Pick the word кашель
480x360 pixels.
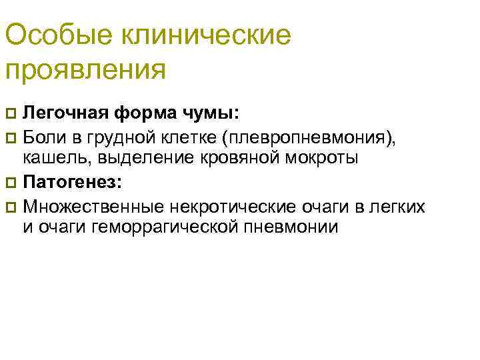coord(48,159)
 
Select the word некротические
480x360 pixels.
coord(213,205)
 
